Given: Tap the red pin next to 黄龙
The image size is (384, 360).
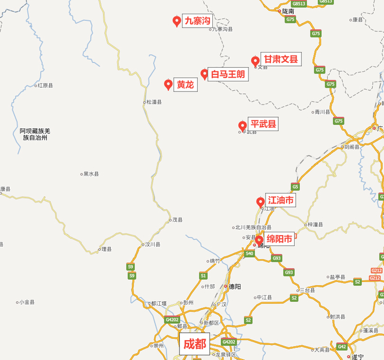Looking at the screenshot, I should (168, 85).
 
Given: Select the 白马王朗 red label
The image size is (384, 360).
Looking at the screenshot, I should (228, 74).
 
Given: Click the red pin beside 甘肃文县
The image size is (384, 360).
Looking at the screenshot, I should (255, 61).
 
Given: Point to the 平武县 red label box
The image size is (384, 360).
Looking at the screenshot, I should (263, 124).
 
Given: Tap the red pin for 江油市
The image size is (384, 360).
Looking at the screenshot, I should (261, 202).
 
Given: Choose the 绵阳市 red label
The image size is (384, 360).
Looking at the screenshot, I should (280, 240).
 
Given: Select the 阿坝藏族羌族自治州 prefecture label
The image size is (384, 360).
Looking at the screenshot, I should (35, 134).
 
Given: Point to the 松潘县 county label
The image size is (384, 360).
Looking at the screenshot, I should (154, 102).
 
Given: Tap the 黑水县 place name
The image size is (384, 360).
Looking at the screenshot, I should (90, 174).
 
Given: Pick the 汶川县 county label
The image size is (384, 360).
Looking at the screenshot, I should (152, 245).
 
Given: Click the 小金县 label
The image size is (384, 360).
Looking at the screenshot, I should (26, 302).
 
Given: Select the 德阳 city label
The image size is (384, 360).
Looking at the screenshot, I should (234, 287).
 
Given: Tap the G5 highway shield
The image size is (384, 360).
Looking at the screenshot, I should (295, 186).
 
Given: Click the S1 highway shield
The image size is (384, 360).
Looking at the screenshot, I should (203, 276).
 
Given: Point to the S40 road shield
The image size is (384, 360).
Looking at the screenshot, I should (250, 254).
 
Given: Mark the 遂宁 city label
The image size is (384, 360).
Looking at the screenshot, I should (357, 356).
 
